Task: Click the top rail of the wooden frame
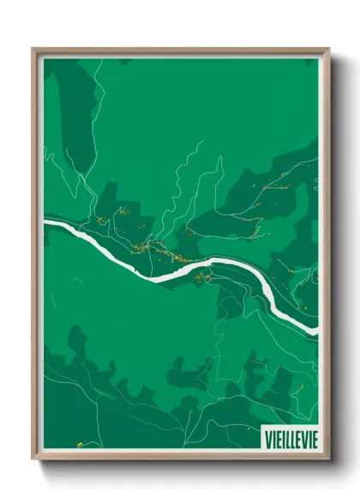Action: point(180,51)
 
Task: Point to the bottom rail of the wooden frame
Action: point(180,457)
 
